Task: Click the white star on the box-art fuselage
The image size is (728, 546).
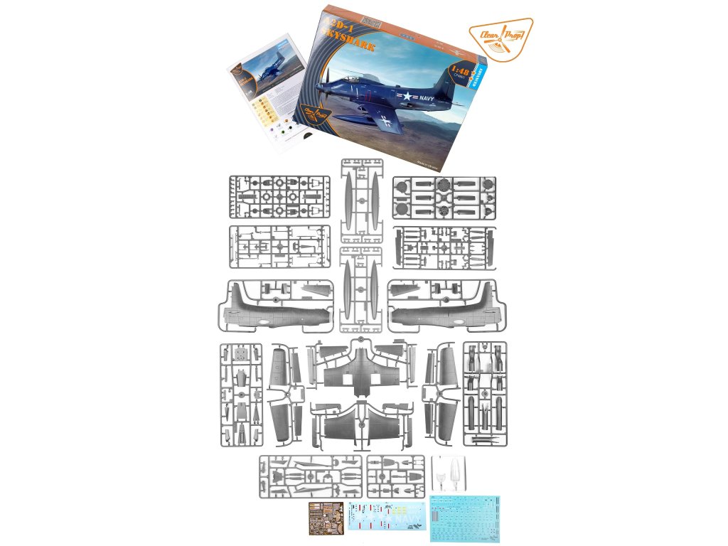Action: [x=404, y=97]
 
